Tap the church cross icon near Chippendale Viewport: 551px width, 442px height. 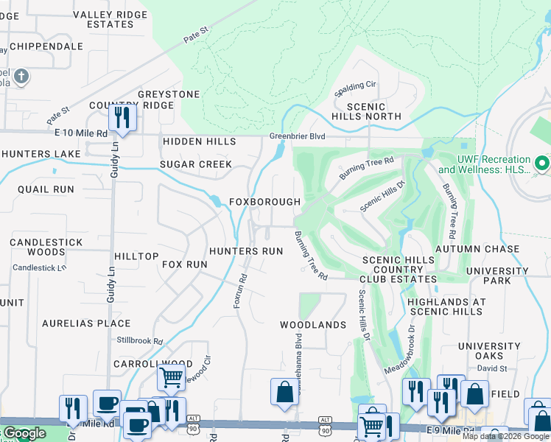click(x=21, y=76)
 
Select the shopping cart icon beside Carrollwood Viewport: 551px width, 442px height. click(x=171, y=377)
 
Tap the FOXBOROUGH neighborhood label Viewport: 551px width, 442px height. click(x=264, y=202)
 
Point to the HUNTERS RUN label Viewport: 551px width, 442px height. click(x=246, y=251)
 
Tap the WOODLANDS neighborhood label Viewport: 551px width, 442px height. click(x=312, y=325)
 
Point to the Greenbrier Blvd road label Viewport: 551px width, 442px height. click(x=297, y=136)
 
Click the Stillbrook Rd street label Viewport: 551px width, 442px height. click(x=139, y=341)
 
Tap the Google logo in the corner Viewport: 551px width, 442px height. click(x=24, y=433)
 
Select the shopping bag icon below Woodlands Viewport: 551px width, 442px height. click(x=284, y=393)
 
